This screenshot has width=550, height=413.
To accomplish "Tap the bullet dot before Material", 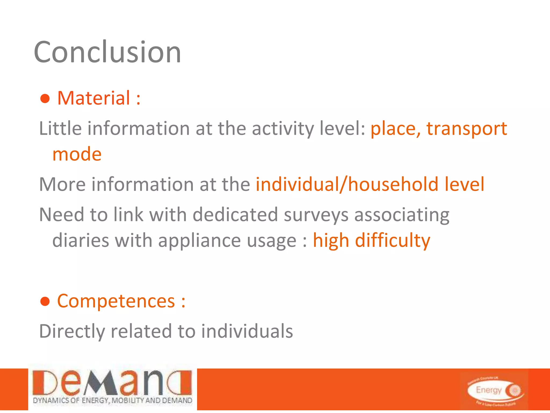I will click(x=45, y=99).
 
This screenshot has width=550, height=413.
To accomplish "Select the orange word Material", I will click(x=94, y=98).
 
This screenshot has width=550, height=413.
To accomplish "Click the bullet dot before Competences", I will click(x=45, y=302).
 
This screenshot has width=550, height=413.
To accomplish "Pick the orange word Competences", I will click(x=116, y=301).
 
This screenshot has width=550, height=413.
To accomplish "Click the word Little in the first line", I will click(x=60, y=128).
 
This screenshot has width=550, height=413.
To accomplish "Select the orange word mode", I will click(x=77, y=154).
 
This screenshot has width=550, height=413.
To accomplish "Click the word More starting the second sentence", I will click(x=62, y=184).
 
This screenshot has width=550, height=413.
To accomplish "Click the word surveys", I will click(x=316, y=215).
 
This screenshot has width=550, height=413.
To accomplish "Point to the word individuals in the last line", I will click(x=247, y=331).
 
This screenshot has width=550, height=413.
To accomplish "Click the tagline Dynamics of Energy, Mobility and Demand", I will click(x=112, y=400).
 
